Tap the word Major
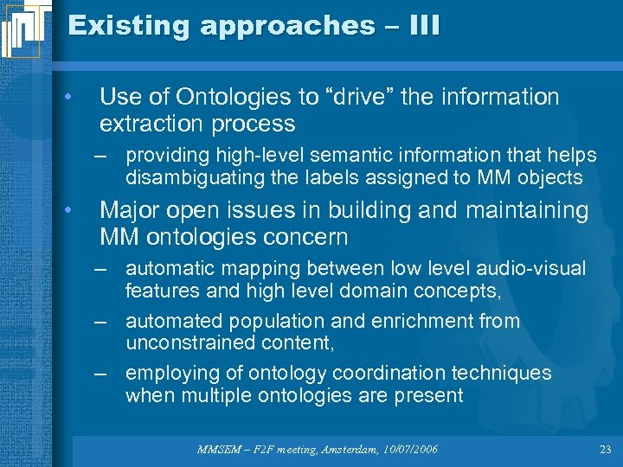[131, 210]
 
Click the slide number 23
[605, 450]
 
